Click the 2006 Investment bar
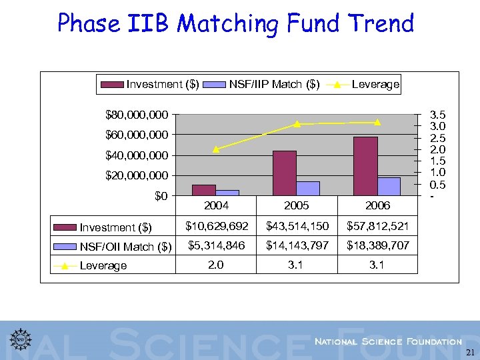(x=365, y=167)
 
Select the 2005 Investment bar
(x=285, y=173)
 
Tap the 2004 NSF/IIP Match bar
(x=227, y=193)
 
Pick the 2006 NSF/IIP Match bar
(x=389, y=187)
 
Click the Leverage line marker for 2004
(x=216, y=149)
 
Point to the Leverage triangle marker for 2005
(x=297, y=124)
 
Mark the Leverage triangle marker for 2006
(x=377, y=122)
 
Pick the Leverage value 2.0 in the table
(x=216, y=265)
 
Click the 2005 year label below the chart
(x=297, y=205)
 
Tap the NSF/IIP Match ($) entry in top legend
(x=274, y=84)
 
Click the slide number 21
(x=471, y=353)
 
